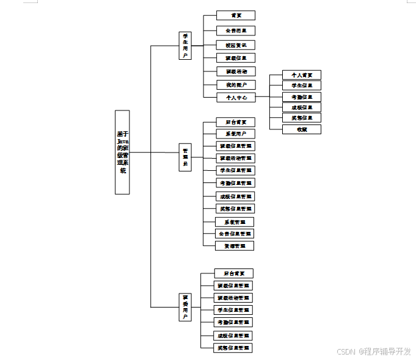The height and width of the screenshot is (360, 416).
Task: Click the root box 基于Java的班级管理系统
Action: click(x=122, y=152)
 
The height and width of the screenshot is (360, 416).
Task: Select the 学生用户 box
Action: click(x=185, y=46)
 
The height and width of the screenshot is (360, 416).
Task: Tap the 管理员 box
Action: click(x=185, y=157)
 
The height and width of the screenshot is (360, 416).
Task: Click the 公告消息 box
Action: click(x=236, y=31)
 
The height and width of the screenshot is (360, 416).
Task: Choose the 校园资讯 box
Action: click(x=236, y=45)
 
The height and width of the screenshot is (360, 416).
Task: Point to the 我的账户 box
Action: click(x=236, y=85)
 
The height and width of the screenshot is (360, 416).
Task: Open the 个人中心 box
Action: click(x=236, y=97)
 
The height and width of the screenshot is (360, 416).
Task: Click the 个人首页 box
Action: click(x=302, y=75)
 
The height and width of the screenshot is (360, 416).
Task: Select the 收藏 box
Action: click(x=302, y=129)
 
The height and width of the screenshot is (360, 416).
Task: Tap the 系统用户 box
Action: click(x=236, y=134)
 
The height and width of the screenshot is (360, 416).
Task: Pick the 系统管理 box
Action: click(x=235, y=222)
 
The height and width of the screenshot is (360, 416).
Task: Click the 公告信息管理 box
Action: click(x=235, y=234)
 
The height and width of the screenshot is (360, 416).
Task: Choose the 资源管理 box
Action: click(x=235, y=246)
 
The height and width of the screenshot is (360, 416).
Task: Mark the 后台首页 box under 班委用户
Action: click(x=234, y=273)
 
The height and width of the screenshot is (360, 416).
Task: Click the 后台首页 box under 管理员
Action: click(x=236, y=122)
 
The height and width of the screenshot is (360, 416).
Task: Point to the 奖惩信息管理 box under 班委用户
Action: click(x=234, y=347)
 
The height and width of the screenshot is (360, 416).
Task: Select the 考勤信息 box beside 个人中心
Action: click(x=302, y=97)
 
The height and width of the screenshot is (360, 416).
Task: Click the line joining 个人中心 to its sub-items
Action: click(x=263, y=97)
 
